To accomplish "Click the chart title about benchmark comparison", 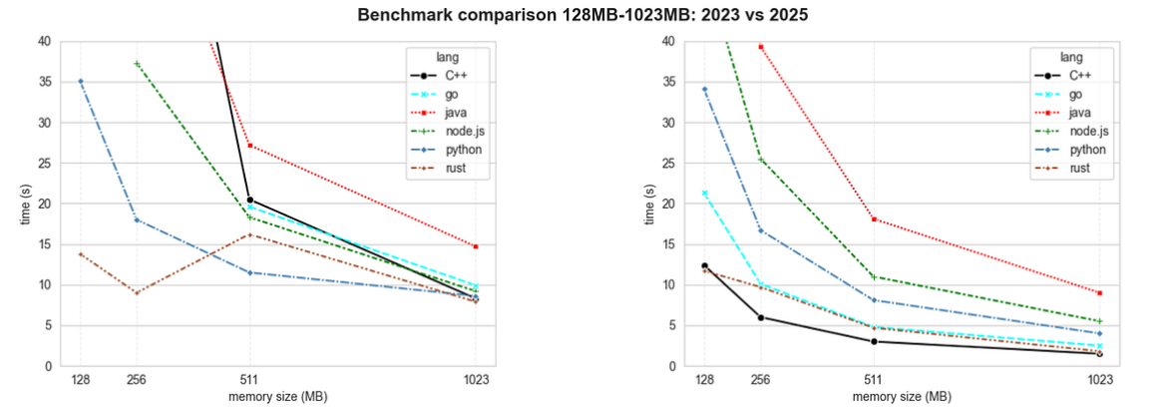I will point(581,15).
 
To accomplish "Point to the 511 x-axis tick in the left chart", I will point(249,380).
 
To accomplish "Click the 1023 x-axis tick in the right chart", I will point(1100,380).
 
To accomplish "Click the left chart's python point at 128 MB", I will point(81,81).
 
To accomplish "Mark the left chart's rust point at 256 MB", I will point(137,292).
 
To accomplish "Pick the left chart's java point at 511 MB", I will point(249,146).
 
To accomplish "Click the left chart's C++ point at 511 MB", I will point(249,201).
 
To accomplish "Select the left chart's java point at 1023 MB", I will point(476,246).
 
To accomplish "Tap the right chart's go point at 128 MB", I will point(704,193).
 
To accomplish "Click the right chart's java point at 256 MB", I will point(760,47).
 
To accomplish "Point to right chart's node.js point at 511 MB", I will point(873,277).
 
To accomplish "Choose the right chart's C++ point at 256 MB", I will point(760,317).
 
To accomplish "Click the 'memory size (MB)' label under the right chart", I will point(902,397).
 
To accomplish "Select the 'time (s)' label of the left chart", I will point(27,204).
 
